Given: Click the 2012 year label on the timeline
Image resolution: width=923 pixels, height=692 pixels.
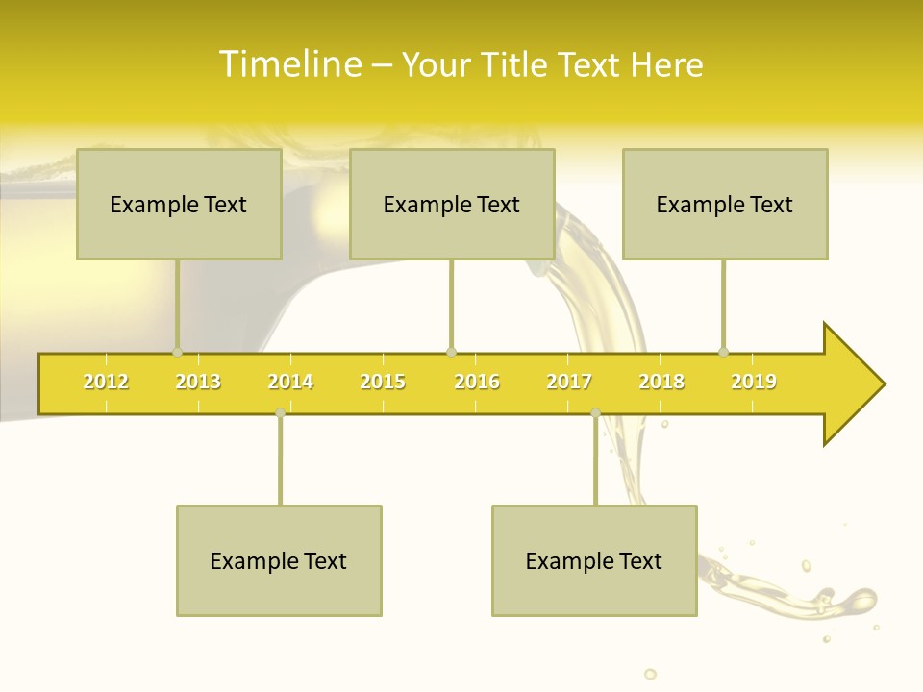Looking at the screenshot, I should coord(106,382).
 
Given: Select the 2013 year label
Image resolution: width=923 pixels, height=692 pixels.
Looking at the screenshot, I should coord(198,382).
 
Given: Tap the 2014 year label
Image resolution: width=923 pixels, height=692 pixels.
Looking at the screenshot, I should coord(290,382).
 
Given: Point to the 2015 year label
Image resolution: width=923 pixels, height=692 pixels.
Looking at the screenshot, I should coord(383,382).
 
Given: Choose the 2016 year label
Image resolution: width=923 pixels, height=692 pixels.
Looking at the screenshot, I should coord(477,382).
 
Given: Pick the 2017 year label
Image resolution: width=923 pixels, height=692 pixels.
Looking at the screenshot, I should coord(569,382).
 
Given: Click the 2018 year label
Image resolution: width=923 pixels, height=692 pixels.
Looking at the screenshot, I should coord(661,382).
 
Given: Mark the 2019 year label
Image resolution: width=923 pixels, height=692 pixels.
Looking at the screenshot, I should coord(754,382).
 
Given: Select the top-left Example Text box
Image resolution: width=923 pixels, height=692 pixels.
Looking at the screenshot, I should coord(179,205).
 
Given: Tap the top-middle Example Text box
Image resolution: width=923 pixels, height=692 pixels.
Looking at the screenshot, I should coord(452,205).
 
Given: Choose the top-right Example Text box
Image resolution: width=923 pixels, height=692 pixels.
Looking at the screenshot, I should coord(725,205).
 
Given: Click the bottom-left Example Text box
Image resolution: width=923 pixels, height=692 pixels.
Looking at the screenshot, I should coord(279,561).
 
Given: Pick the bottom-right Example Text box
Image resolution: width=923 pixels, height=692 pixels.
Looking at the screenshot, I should coord(594,561).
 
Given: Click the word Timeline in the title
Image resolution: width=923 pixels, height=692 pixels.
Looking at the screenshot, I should coord(289,64).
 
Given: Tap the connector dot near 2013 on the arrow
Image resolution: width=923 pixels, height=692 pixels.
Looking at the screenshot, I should coord(178,352).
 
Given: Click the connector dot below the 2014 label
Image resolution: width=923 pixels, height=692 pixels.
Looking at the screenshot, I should coord(280,412).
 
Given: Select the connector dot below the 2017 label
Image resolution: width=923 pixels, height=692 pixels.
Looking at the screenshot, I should coord(595,412).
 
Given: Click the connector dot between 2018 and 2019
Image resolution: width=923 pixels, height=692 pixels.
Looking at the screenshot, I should coord(724,352).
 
